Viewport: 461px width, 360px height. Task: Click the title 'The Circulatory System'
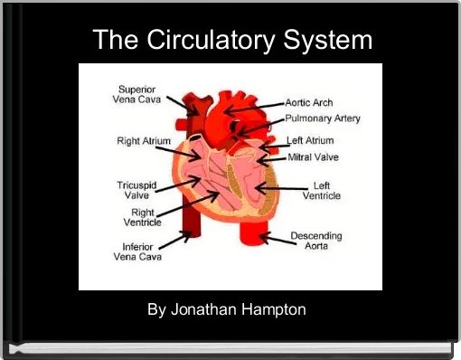(232, 41)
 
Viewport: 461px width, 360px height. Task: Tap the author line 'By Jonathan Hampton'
(227, 309)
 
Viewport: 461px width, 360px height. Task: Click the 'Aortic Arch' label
(309, 103)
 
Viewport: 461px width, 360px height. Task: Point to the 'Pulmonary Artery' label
(323, 118)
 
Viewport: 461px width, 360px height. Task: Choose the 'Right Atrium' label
(145, 141)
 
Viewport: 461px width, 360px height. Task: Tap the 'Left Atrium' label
(310, 141)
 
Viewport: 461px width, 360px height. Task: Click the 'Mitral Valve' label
(313, 157)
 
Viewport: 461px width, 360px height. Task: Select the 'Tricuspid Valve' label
(136, 190)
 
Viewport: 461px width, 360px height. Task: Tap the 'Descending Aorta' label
(315, 242)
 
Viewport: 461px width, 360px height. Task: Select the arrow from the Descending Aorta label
(273, 239)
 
